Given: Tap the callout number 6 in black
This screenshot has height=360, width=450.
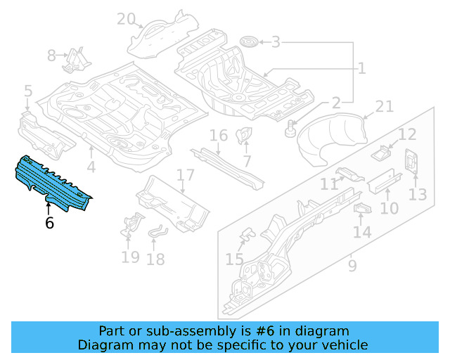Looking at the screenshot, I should point(49,223).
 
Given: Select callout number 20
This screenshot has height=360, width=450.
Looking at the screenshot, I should point(126,19).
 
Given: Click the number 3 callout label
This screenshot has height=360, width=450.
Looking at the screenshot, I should point(276,43).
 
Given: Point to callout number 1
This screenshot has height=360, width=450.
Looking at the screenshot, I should point(361,68).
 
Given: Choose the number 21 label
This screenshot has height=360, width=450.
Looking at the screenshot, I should point(384,106).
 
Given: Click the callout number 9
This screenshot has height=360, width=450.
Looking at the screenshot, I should point(352,266).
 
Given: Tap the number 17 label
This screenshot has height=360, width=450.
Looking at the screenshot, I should point(185,175).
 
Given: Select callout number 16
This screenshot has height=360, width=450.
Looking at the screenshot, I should point(219,135).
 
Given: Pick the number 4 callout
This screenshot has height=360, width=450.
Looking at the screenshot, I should point(91,167).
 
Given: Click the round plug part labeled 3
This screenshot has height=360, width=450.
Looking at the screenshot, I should point(247,42).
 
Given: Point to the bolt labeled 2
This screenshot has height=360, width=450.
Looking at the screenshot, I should point(289,129).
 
